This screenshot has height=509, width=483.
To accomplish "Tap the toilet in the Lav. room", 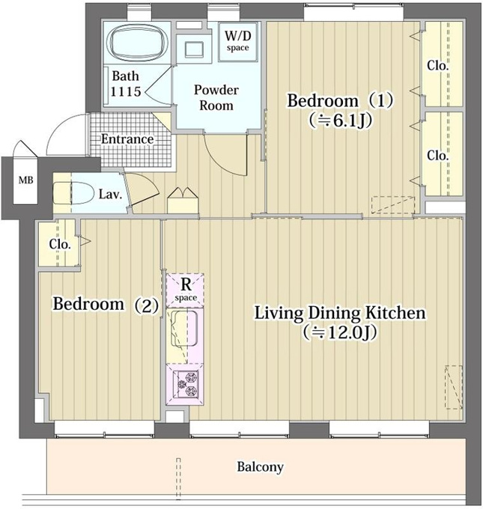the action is point(72,193).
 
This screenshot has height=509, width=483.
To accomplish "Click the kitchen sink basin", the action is point(184,328).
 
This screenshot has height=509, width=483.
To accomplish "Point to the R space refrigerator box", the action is point(185,290).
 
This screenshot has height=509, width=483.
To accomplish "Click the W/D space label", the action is point(238,40).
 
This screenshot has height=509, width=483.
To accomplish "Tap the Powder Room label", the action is point(216,97).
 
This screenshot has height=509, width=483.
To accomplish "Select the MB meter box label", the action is point(25,180).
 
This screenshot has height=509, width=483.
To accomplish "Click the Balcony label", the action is point(260,467).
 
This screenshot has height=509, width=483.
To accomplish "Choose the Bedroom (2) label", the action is point(106,305).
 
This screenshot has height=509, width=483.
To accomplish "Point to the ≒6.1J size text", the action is point(340,121).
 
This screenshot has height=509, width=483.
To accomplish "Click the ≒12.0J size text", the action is point(340,332).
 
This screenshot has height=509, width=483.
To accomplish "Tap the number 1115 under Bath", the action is point(126,91).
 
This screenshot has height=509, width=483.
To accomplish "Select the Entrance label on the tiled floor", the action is point(127,139).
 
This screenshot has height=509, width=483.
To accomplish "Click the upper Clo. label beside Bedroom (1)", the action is point(438,66).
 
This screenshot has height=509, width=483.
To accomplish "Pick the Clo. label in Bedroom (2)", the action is point(60,244).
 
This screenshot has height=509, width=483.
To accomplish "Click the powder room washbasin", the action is point(194,49).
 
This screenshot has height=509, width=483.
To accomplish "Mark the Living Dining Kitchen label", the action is point(340,313).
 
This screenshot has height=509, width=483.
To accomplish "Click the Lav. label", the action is point(110,195).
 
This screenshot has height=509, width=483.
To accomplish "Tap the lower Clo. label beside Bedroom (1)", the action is point(438,156).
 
